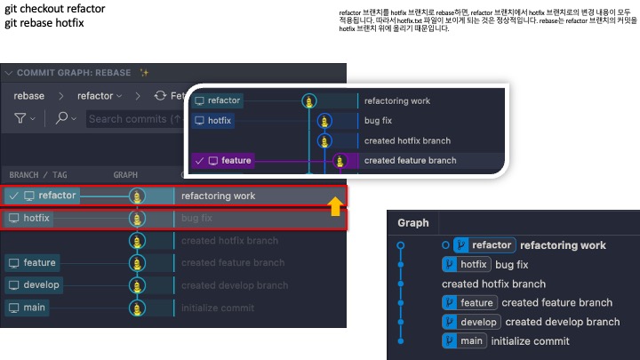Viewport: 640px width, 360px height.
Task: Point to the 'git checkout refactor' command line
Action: click(54, 9)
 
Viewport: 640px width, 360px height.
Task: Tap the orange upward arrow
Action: click(335, 208)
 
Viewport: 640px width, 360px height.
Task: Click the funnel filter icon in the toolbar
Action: click(20, 118)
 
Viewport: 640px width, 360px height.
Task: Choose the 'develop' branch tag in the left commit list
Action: click(34, 285)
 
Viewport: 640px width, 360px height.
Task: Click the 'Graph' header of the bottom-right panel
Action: click(413, 223)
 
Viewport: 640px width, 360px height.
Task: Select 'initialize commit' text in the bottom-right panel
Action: click(530, 341)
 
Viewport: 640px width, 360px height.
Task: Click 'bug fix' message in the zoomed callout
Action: click(378, 121)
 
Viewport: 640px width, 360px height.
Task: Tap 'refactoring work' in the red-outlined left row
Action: click(218, 196)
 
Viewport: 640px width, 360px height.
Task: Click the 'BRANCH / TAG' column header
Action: click(37, 175)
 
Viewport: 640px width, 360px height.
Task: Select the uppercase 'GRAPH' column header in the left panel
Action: click(125, 175)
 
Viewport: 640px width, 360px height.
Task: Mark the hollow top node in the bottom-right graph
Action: click(401, 245)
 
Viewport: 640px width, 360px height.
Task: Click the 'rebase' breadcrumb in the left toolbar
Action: click(29, 96)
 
